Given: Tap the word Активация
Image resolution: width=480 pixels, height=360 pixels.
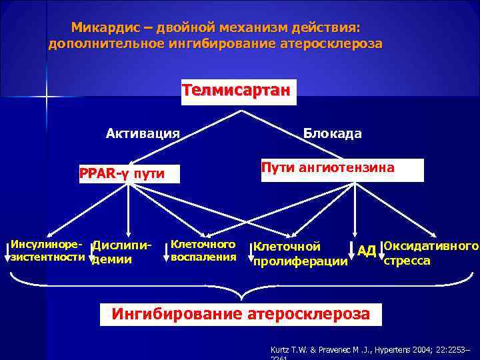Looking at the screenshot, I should tap(143, 133).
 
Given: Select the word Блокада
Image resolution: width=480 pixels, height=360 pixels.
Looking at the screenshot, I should tap(333, 133).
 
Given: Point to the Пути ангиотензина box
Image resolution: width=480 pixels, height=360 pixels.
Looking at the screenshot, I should tap(340, 169).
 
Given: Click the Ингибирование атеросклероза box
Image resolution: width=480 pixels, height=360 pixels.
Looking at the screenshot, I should tap(241, 313).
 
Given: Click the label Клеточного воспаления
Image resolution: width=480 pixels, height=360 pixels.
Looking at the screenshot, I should tap(203, 250).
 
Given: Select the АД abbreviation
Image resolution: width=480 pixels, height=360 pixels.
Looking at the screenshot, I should tap(367, 251).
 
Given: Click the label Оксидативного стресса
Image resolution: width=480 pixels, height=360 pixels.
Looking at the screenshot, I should tap(431, 253).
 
